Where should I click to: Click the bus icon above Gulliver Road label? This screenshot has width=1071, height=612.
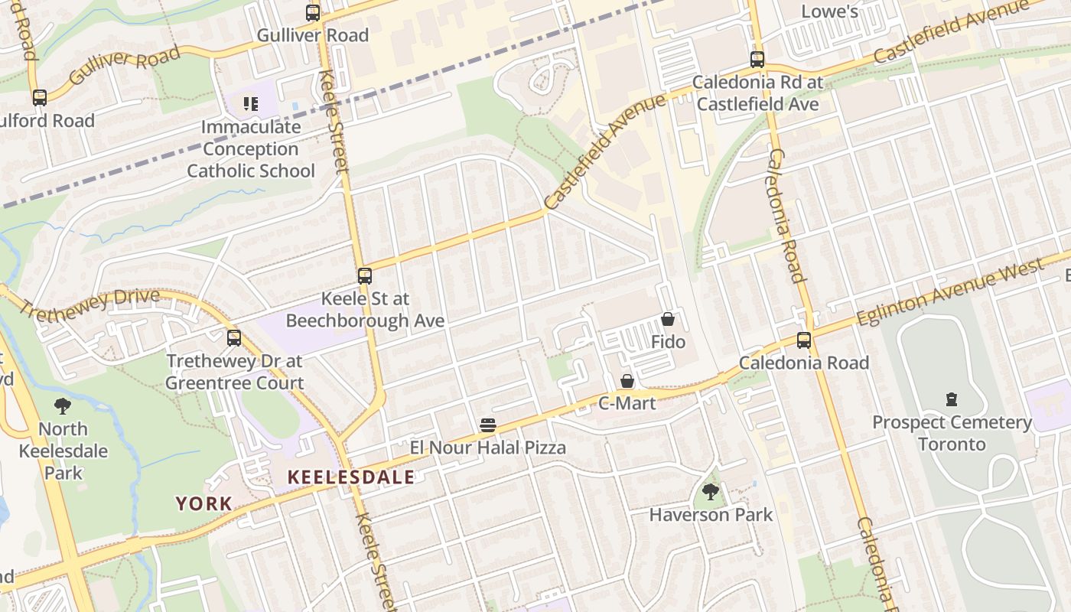(312, 13)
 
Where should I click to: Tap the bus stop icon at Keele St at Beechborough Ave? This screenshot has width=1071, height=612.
(365, 276)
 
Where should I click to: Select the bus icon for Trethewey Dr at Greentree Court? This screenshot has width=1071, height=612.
(234, 338)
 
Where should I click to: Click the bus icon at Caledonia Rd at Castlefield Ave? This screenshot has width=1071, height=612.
(757, 60)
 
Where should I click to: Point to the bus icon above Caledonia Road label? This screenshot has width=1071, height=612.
(804, 340)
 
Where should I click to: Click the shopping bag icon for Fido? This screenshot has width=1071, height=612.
(668, 320)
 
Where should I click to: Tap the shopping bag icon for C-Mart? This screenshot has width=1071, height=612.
(627, 381)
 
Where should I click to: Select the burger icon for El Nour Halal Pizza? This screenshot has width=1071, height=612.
(488, 425)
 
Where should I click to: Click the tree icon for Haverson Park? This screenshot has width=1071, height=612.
(711, 492)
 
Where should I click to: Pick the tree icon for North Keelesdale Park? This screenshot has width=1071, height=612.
(63, 406)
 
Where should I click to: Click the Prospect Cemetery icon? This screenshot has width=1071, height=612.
(952, 399)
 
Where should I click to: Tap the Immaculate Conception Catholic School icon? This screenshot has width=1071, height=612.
(250, 103)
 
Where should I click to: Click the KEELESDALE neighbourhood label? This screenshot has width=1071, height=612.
(351, 477)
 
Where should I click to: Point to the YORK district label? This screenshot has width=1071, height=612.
(204, 503)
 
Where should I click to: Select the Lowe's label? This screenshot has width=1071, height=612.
(829, 11)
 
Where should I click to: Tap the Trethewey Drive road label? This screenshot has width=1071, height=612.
(89, 303)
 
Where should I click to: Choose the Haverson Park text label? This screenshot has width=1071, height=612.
(711, 515)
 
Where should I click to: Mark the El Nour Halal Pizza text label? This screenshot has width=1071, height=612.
(488, 448)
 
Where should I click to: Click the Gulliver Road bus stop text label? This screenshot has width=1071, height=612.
(312, 35)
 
